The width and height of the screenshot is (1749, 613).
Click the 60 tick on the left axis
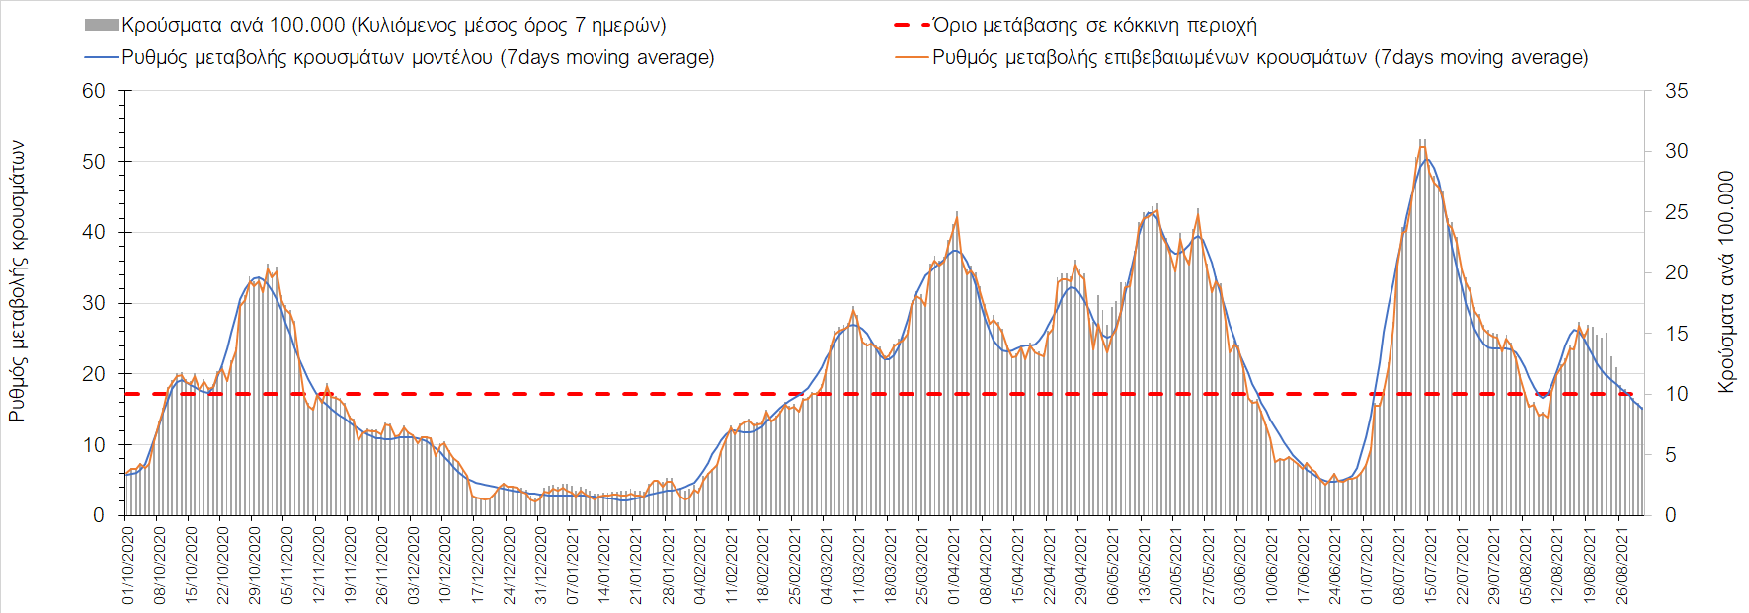94,91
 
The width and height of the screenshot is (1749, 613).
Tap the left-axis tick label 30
94,303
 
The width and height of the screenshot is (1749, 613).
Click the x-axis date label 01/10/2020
128,565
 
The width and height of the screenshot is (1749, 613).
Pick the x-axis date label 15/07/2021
1430,565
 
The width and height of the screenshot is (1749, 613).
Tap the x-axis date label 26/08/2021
1621,565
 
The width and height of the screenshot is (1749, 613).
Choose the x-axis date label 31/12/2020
541,565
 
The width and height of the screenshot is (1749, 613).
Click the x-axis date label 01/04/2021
954,565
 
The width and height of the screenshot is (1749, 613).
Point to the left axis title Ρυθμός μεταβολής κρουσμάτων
17,281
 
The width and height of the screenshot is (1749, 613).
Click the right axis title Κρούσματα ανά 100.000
1726,282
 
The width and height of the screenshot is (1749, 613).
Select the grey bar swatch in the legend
102,25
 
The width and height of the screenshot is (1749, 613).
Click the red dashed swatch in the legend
912,25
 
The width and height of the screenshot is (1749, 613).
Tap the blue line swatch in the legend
102,57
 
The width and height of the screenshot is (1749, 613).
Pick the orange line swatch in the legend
912,57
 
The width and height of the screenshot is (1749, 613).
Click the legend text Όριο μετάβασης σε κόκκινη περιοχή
1094,25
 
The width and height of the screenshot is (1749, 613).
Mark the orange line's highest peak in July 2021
1422,147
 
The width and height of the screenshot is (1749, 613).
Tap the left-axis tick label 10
94,444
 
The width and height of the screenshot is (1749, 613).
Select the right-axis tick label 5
1671,455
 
